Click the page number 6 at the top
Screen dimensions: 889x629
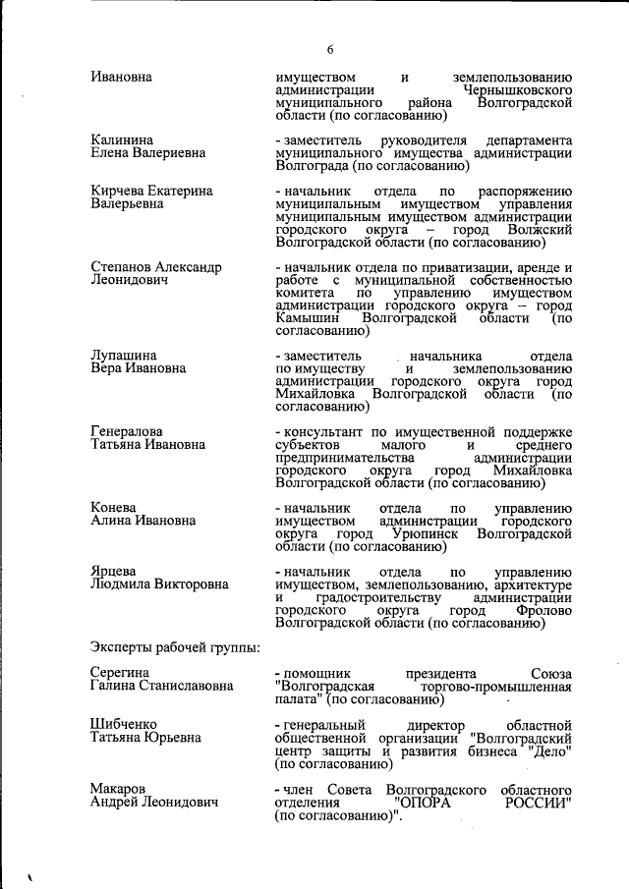pos(330,49)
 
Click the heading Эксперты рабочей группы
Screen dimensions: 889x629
pos(175,647)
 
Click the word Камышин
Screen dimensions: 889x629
pos(308,318)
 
